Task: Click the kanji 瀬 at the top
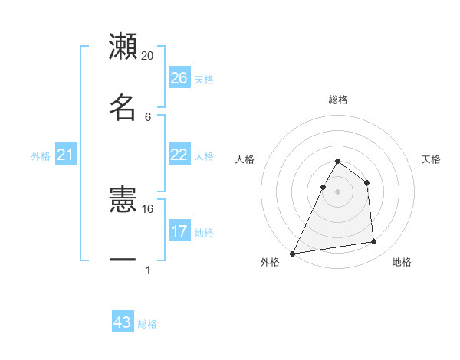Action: (123, 47)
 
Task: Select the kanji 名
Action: (123, 107)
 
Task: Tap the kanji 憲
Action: (123, 201)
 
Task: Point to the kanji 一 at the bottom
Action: (123, 260)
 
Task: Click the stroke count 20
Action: (148, 56)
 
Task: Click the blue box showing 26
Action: (179, 78)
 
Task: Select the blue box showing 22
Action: (179, 155)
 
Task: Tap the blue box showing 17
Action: (179, 231)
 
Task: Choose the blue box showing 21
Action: (66, 155)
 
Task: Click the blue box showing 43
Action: (123, 322)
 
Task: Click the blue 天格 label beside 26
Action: (204, 79)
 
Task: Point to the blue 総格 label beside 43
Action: (147, 324)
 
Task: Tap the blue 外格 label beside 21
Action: (41, 156)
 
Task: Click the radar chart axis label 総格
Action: (338, 100)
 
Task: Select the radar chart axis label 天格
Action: (432, 159)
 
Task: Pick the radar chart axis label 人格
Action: (245, 159)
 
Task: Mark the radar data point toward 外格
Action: (293, 254)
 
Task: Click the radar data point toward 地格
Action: (374, 242)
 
